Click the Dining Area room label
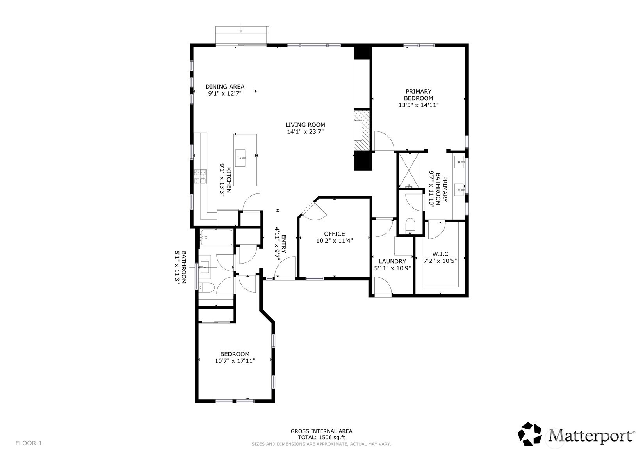coord(225,86)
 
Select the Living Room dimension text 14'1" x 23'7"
coord(305,132)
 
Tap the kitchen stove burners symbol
coord(200,177)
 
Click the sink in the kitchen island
coord(240,158)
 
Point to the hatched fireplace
coord(362,130)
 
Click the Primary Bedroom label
coord(419,95)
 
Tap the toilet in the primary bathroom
coord(410,226)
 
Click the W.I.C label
coord(440,254)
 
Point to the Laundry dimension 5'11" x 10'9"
coord(392,268)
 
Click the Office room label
coord(335,234)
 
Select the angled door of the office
coord(313,211)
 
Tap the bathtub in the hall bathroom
coord(216,238)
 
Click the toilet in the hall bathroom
coord(207,288)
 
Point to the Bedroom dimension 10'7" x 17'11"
coord(235,361)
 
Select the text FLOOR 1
coord(28,443)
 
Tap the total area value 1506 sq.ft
coord(331,437)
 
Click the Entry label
coord(283,244)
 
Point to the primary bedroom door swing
coord(384,141)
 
